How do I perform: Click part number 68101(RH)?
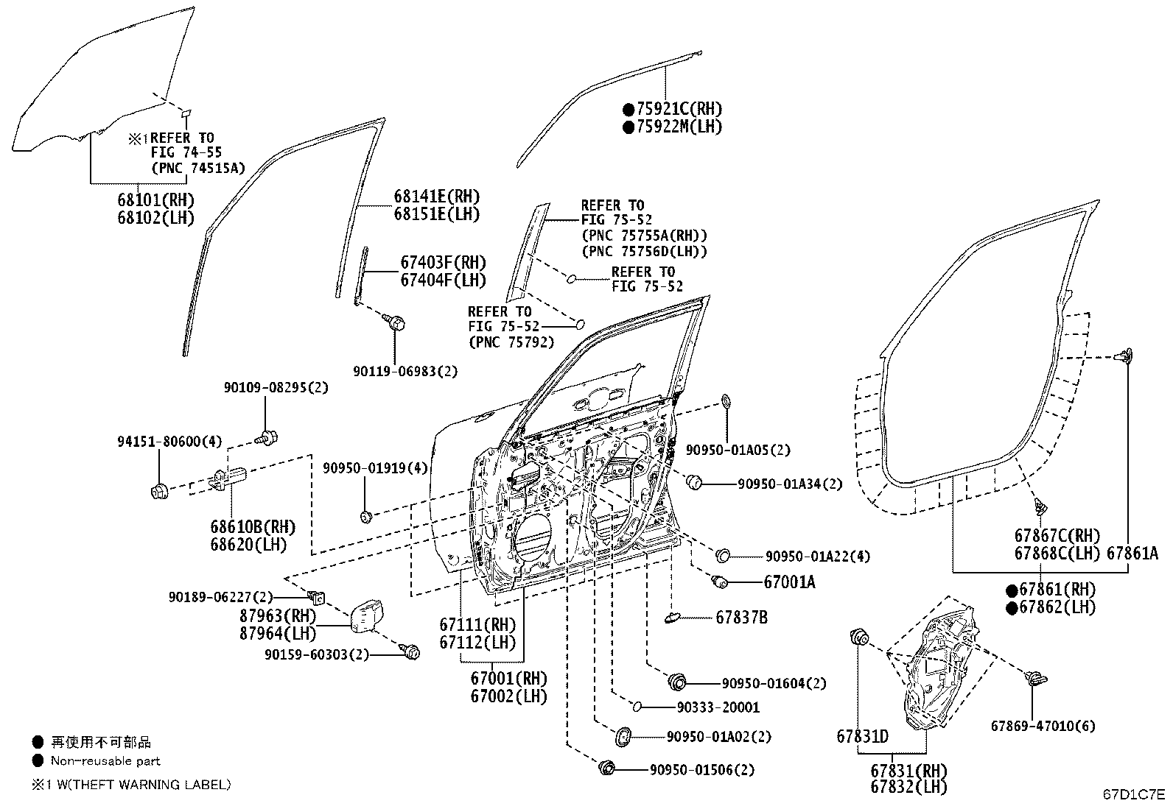[155, 199]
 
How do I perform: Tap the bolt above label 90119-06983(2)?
[396, 322]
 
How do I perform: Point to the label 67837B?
[741, 618]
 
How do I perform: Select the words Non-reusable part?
[105, 761]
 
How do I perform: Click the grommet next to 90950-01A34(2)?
[693, 483]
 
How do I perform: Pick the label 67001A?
[789, 582]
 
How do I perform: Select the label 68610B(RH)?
[252, 527]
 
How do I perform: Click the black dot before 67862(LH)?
[1012, 607]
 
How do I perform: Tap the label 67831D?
[862, 736]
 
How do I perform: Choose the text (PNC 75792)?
[511, 342]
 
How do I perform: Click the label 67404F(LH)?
[444, 280]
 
